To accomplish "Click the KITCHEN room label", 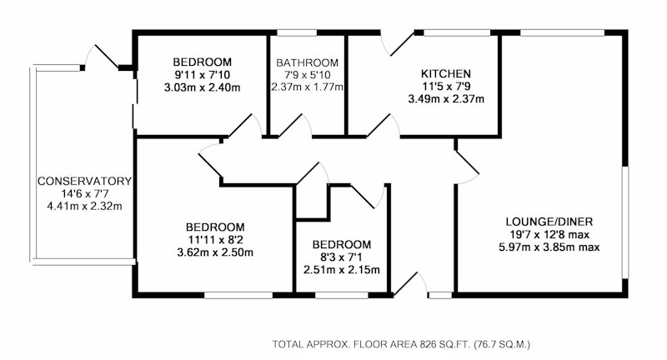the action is [x=446, y=73].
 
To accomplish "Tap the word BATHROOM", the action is [x=307, y=62].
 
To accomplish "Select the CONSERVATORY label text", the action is [x=85, y=181].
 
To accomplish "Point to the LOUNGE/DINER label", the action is [x=549, y=222].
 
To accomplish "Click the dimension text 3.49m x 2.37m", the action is [x=446, y=99].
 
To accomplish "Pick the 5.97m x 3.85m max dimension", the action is [x=549, y=247].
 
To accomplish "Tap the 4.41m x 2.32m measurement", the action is [x=85, y=207].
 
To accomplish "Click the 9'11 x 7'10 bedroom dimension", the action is [x=202, y=75].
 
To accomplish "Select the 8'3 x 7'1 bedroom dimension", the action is [x=342, y=257].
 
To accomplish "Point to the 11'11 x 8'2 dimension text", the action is [x=215, y=240].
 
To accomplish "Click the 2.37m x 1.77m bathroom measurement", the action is [x=307, y=87].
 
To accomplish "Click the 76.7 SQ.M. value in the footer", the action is [x=503, y=344].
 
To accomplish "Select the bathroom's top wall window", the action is [x=297, y=32].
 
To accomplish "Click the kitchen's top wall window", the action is [x=457, y=32].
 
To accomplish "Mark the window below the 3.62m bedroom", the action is [x=238, y=295].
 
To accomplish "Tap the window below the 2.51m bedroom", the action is [x=342, y=295].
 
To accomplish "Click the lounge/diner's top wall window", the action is [x=563, y=32].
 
